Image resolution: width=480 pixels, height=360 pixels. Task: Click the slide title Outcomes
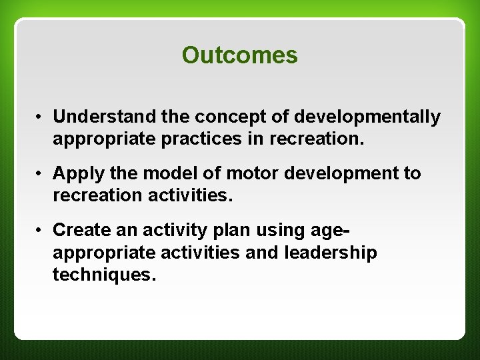tap(239, 56)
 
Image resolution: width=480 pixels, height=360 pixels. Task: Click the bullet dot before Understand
tap(41, 118)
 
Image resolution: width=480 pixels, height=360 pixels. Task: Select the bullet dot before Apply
tap(41, 174)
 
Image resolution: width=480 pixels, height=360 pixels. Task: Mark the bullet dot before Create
tap(41, 230)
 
